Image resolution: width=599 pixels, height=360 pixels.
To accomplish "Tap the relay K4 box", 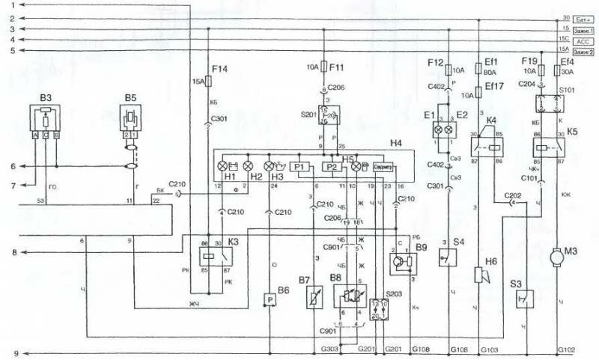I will tap(493, 145).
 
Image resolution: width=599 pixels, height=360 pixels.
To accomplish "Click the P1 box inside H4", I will tap(299, 167).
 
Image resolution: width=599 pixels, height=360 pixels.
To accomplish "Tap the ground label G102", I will tap(567, 350).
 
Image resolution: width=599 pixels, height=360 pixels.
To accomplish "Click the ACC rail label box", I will tap(583, 43).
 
